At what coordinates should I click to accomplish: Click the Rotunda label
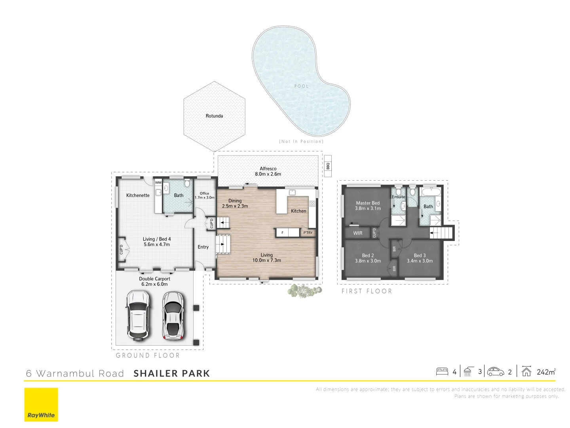point(214,116)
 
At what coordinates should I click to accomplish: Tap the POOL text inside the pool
point(301,86)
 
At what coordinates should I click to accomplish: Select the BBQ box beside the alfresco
point(328,166)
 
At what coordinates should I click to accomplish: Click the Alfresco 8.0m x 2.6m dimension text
point(268,174)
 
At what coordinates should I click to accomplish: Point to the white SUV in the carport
point(138,315)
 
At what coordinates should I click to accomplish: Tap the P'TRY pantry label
point(308,233)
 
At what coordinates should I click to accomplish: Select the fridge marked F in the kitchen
point(282,233)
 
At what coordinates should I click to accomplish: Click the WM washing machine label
point(158,183)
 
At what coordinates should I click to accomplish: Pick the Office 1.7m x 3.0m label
point(204,195)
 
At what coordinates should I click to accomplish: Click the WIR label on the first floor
point(358,233)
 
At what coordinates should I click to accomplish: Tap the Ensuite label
point(399,197)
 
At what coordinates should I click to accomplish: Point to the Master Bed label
point(368,203)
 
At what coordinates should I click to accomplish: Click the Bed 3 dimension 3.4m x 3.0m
point(420,261)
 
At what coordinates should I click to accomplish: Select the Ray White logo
point(41,405)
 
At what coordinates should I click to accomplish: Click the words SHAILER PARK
point(172,373)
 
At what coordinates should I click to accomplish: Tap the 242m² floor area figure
point(546,372)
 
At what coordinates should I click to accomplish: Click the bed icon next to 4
point(442,372)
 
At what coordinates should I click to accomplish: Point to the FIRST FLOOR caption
point(367,291)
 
